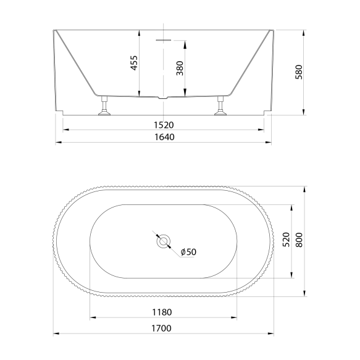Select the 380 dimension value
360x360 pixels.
point(180,68)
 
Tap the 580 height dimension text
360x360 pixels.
point(299,71)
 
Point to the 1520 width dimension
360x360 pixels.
point(164,124)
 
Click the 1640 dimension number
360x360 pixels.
point(164,137)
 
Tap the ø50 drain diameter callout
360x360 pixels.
point(188,252)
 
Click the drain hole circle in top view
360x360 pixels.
point(164,241)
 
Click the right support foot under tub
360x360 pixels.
point(219,106)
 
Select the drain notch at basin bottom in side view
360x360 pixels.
point(164,98)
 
